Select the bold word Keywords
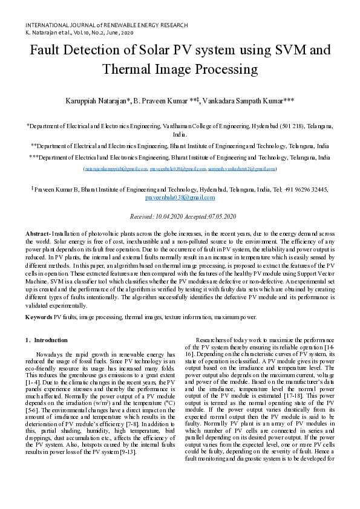(x=39, y=316)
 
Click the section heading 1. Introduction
(x=46, y=340)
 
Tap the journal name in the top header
(x=106, y=25)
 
